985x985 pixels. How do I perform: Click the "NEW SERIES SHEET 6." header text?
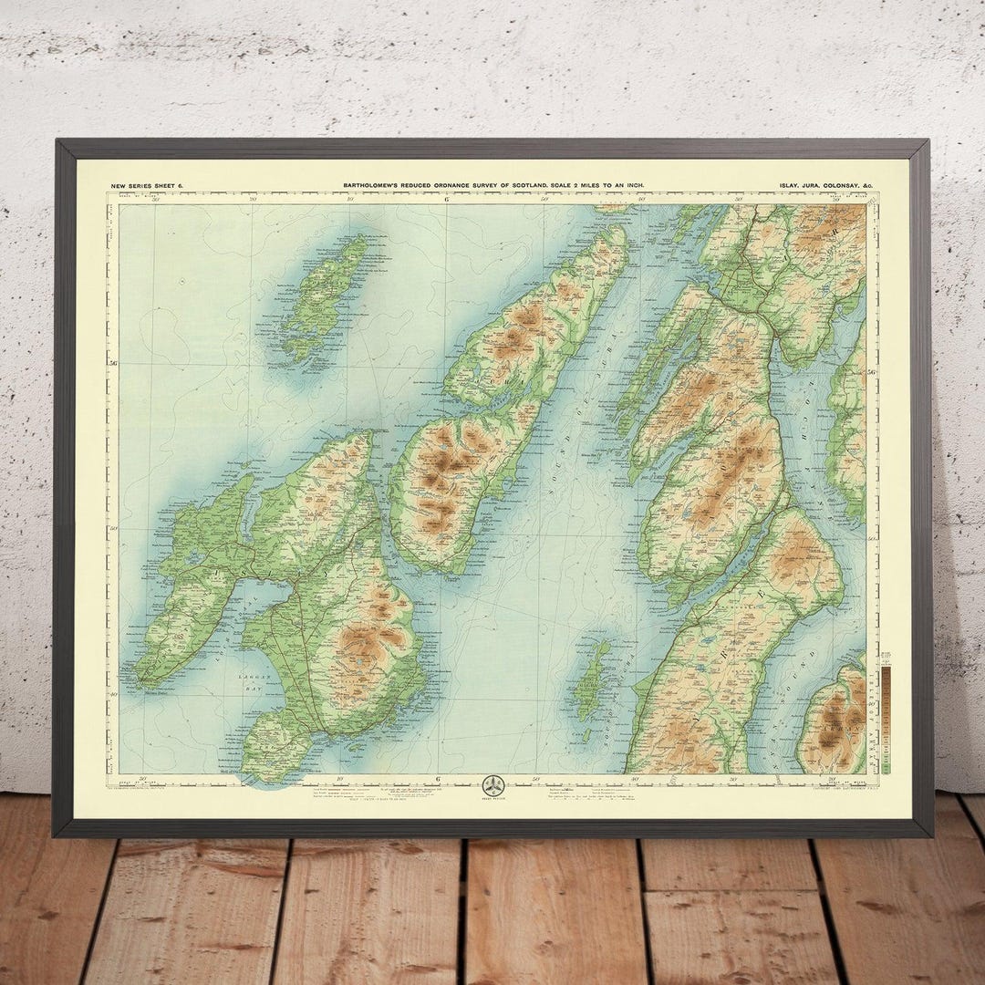pyautogui.click(x=147, y=185)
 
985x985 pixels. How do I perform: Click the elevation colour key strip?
pyautogui.click(x=885, y=711)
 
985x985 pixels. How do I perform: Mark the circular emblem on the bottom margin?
pyautogui.click(x=493, y=785)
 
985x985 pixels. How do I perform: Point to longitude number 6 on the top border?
pyautogui.click(x=447, y=200)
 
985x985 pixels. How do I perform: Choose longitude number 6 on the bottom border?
pyautogui.click(x=439, y=778)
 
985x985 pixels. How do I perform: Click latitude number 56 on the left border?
pyautogui.click(x=113, y=364)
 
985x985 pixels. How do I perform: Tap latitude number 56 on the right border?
pyautogui.click(x=872, y=372)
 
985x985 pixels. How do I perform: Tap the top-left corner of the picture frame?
pyautogui.click(x=57, y=142)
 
